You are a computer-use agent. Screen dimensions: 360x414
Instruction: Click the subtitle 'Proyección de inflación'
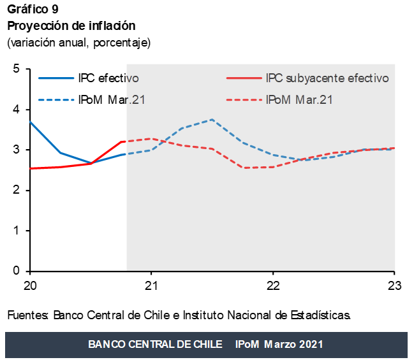(71, 26)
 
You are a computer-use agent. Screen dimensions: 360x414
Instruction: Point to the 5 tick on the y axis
(17, 69)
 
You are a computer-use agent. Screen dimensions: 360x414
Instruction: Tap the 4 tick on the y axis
(17, 110)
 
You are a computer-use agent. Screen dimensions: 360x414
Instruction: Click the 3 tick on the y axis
(17, 150)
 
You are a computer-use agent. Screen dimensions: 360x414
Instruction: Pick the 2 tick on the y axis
(17, 191)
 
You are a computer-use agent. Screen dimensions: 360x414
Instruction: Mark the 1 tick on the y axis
(17, 231)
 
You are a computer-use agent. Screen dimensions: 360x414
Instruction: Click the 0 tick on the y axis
(17, 271)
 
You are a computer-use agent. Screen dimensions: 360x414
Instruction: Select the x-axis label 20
(29, 285)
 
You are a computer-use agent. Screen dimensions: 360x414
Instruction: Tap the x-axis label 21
(151, 285)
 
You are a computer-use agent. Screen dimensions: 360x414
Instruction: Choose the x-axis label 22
(273, 285)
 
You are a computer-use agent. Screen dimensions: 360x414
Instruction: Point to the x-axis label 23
(394, 285)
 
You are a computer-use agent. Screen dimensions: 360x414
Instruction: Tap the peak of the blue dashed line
(212, 120)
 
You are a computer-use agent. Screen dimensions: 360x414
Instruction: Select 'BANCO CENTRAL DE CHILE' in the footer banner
(155, 344)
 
